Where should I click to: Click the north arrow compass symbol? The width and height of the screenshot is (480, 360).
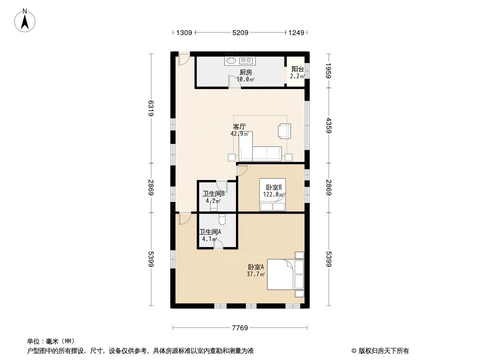[25, 20]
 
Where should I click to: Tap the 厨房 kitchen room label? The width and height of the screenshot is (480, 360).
[245, 72]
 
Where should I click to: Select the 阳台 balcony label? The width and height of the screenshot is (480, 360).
[297, 69]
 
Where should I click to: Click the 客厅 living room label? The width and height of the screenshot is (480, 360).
[239, 127]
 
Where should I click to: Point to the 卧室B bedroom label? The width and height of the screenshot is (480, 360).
[273, 188]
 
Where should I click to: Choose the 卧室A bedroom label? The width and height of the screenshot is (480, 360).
[255, 267]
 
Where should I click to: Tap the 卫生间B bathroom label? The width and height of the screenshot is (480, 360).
[213, 194]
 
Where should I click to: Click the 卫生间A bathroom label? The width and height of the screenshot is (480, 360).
[210, 232]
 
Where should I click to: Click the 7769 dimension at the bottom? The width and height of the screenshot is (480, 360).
[240, 328]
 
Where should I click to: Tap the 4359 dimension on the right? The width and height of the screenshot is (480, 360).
[329, 125]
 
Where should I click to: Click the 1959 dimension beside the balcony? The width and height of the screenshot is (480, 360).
[329, 71]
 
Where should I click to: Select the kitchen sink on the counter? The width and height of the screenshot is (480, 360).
[231, 60]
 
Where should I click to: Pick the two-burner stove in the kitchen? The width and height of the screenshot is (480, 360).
[245, 60]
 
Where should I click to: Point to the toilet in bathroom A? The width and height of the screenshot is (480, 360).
[222, 219]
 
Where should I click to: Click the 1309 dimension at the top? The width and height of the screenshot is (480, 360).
[184, 32]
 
